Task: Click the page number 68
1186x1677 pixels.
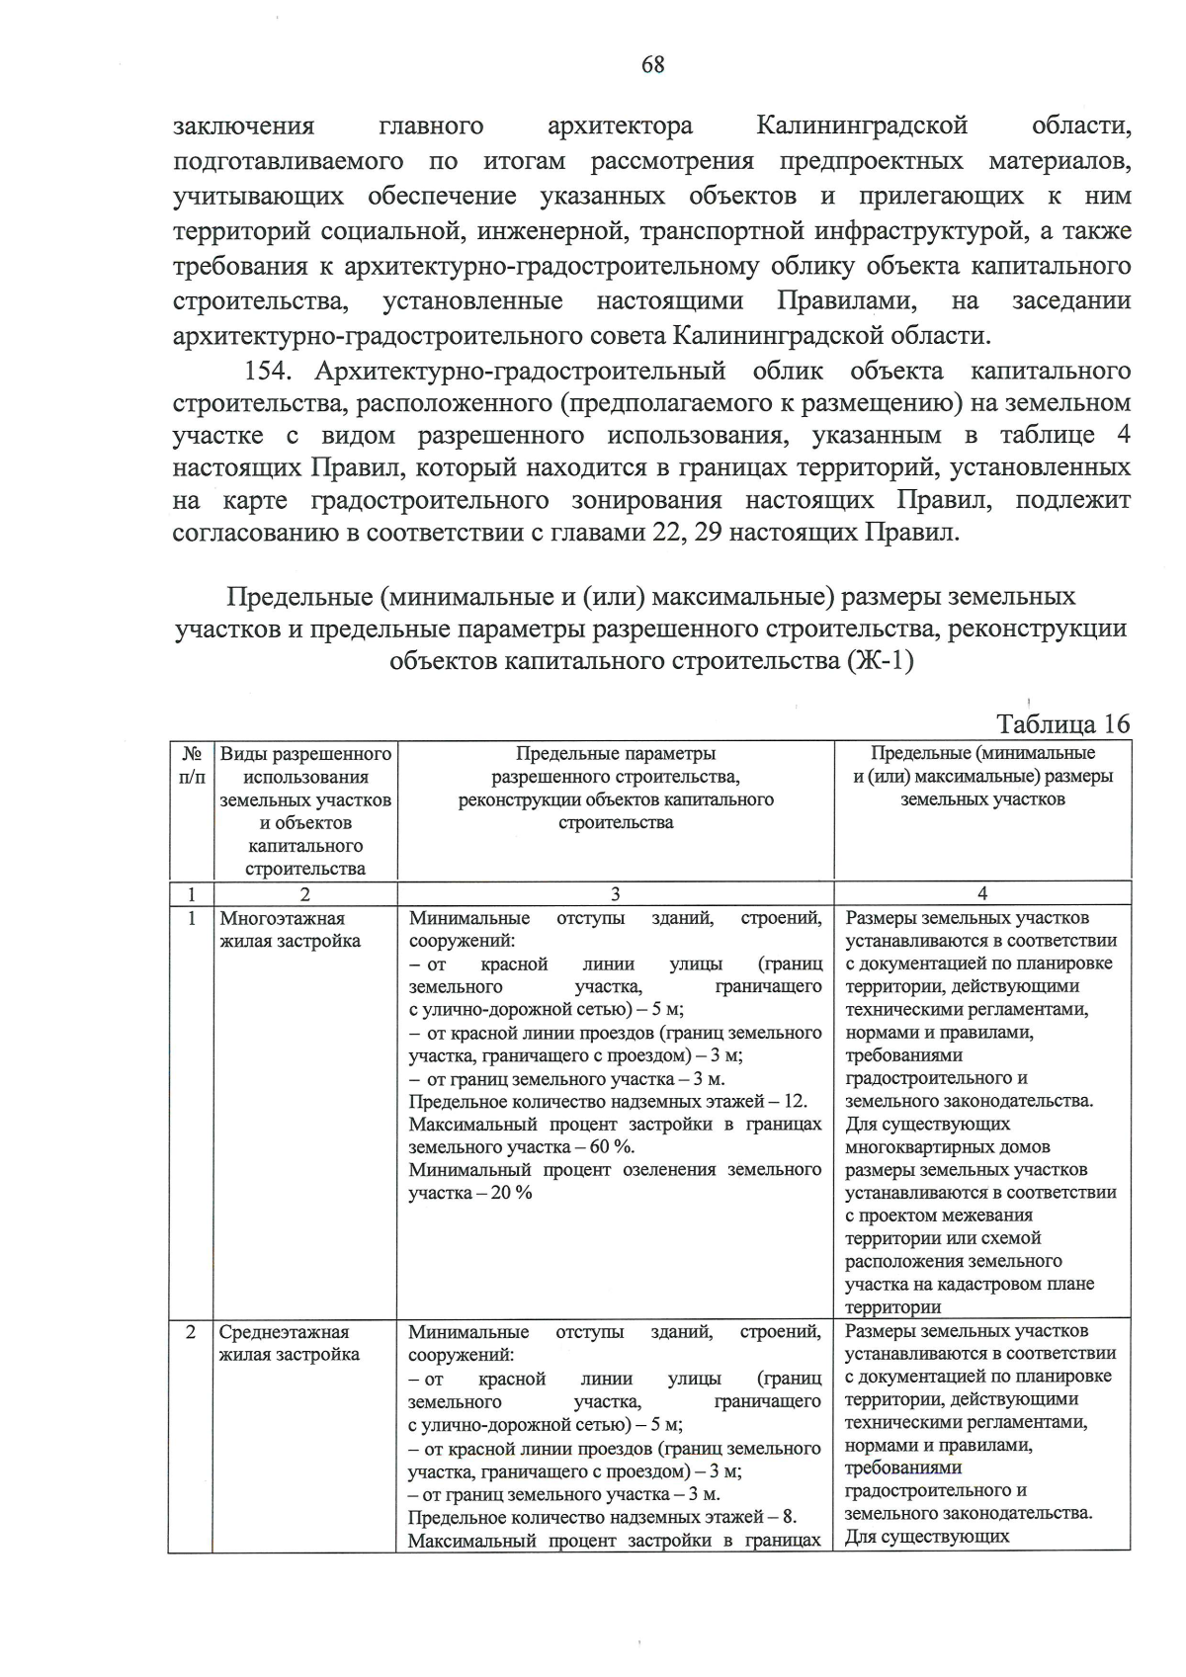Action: [x=652, y=65]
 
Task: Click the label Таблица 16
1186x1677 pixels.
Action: [x=1062, y=723]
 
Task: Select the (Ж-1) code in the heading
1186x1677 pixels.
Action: [x=880, y=661]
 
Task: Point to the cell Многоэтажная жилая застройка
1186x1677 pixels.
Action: [x=291, y=930]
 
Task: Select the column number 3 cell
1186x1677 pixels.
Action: [x=615, y=894]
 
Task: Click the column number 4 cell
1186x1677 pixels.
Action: [x=981, y=894]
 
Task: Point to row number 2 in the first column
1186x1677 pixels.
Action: [x=191, y=1332]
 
